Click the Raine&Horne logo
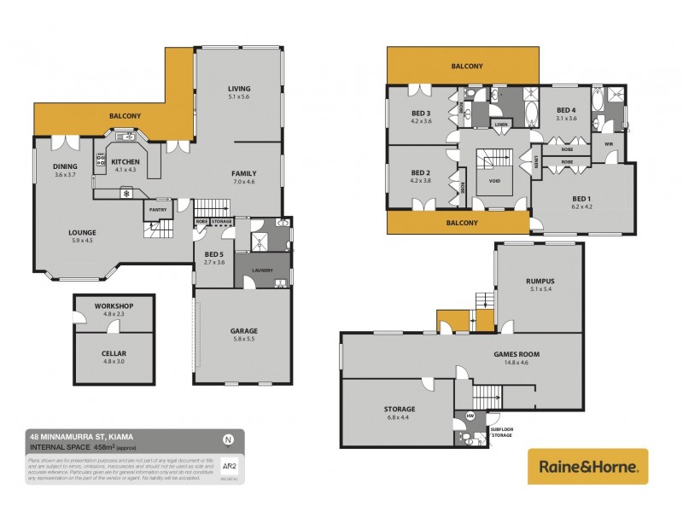point(587,466)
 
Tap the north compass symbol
point(228,440)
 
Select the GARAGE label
point(243,331)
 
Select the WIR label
point(609,143)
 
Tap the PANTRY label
point(157,209)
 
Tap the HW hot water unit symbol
point(470,417)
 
